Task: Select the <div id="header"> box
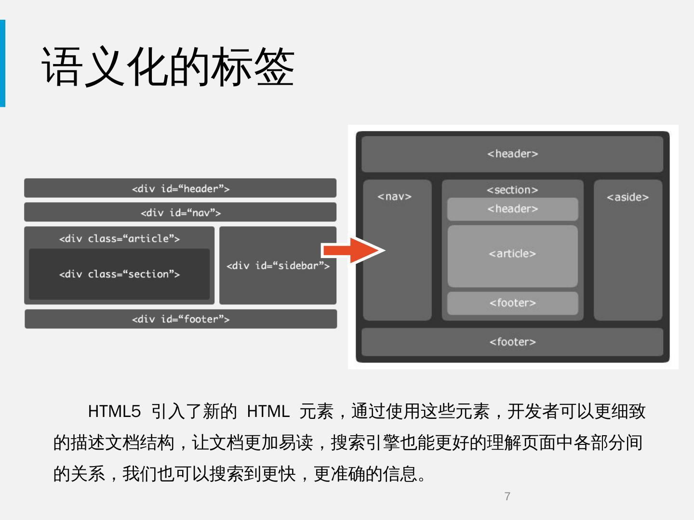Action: pyautogui.click(x=180, y=188)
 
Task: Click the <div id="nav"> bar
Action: pyautogui.click(x=180, y=212)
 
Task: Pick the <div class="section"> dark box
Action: pyautogui.click(x=119, y=274)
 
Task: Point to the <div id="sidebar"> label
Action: pyautogui.click(x=278, y=266)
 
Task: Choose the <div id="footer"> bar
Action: pyautogui.click(x=181, y=319)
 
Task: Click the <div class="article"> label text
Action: pyautogui.click(x=119, y=239)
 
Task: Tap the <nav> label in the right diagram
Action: pyautogui.click(x=395, y=196)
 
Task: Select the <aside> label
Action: pyautogui.click(x=627, y=197)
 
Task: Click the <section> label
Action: pyautogui.click(x=512, y=190)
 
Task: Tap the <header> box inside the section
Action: pyautogui.click(x=512, y=209)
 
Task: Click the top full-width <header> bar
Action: pyautogui.click(x=512, y=154)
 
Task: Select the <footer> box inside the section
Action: pyautogui.click(x=512, y=303)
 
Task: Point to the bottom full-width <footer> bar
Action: pyautogui.click(x=512, y=342)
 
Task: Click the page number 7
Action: pyautogui.click(x=507, y=496)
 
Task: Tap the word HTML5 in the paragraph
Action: pyautogui.click(x=114, y=412)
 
